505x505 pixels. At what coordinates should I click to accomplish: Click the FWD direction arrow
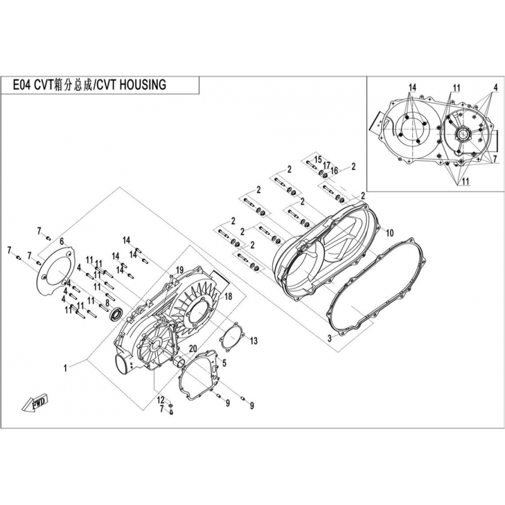pos(35,403)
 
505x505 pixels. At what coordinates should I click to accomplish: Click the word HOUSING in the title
pos(143,85)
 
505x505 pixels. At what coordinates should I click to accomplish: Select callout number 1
pos(66,367)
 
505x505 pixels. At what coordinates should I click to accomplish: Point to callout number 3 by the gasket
pos(330,338)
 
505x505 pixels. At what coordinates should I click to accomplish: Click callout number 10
pos(389,233)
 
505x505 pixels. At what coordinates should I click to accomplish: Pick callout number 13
pos(254,340)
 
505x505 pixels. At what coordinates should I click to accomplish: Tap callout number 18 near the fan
pos(228,296)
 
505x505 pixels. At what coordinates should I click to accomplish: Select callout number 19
pos(179,270)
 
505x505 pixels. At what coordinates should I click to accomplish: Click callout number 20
pos(193,349)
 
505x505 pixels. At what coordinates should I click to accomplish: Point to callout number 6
pos(62,241)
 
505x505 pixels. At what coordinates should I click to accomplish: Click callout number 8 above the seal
pos(107,303)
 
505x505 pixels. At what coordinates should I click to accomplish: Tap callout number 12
pos(161,400)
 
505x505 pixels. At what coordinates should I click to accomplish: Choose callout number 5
pos(224,364)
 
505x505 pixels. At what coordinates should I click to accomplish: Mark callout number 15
pos(318,160)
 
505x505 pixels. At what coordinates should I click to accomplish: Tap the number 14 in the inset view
pos(412,88)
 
